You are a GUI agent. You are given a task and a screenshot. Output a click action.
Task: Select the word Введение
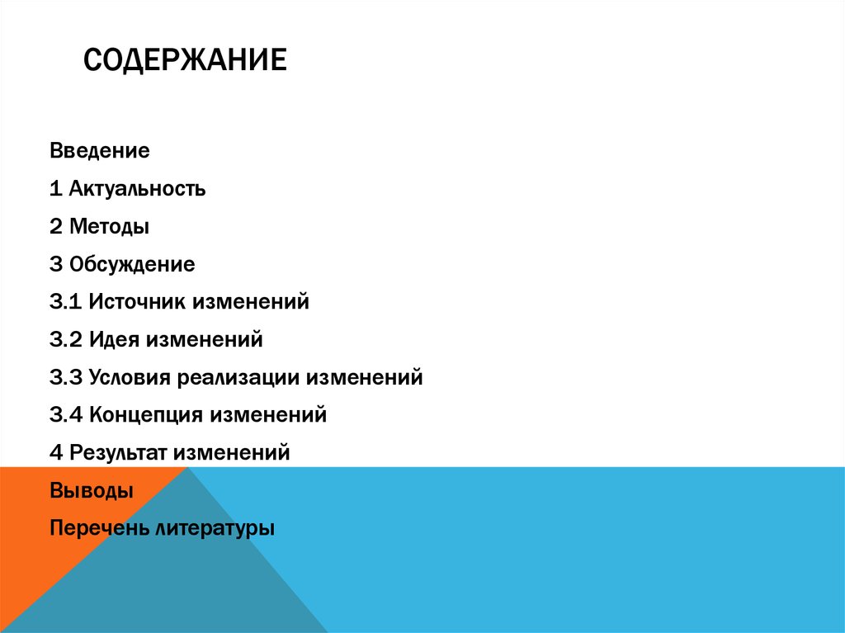pos(99,151)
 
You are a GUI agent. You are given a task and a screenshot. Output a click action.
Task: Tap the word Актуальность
pos(137,189)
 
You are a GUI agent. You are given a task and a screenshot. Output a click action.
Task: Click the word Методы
pos(110,226)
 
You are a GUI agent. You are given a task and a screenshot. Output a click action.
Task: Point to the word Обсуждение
pos(132,265)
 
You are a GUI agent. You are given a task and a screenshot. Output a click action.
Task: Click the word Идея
pos(115,339)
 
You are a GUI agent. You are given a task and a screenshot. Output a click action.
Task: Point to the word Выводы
pos(91,490)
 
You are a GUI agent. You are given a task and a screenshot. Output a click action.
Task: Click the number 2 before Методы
pos(56,226)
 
